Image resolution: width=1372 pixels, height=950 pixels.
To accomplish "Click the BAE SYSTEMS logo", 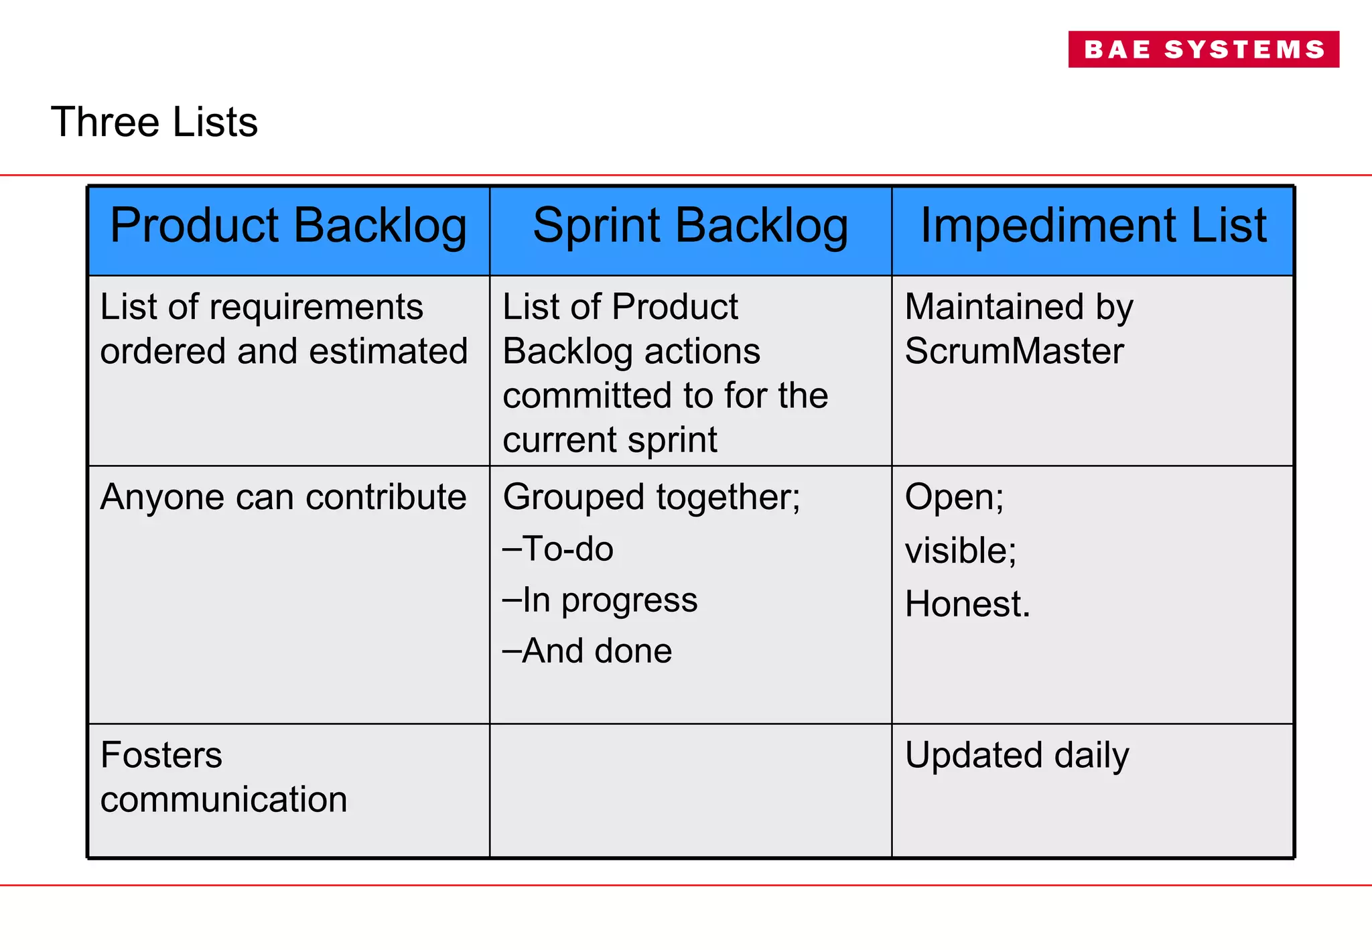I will [x=1203, y=49].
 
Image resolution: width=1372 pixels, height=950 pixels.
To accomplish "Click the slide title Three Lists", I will [x=154, y=123].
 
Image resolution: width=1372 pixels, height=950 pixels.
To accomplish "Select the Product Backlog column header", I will [x=288, y=226].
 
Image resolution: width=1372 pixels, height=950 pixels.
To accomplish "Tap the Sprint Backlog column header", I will [x=690, y=226].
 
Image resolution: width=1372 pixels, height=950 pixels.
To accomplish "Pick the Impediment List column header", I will [x=1093, y=226].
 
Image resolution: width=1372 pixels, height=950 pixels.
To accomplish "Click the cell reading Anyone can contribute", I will [x=283, y=497].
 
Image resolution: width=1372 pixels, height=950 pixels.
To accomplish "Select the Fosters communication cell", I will [x=223, y=777].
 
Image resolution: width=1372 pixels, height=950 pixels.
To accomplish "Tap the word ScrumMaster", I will [x=1014, y=351].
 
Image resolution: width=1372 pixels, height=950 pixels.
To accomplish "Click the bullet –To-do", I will [x=558, y=549].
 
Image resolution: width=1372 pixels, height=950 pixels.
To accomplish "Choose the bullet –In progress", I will [x=600, y=600].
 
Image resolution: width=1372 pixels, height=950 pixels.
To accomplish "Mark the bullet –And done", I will [x=588, y=651].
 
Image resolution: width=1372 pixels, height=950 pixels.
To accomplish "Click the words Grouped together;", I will [x=651, y=497].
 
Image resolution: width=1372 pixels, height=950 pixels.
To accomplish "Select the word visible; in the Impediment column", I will [x=960, y=551].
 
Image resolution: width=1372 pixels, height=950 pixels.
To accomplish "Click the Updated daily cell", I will [x=1016, y=755].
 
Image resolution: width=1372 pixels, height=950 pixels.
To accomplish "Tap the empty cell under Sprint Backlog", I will [x=690, y=791].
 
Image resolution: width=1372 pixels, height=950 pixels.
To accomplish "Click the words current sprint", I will [x=610, y=440].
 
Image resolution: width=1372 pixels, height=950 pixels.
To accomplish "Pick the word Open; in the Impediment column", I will [x=954, y=497].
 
